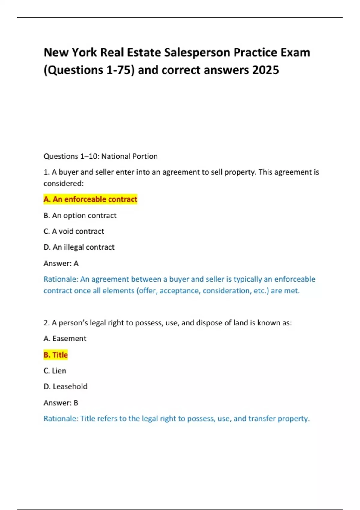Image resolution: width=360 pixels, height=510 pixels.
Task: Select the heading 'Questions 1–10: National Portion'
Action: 100,156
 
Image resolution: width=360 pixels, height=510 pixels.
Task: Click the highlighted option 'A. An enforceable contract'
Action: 90,199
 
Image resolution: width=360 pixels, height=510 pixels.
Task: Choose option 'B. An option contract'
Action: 80,216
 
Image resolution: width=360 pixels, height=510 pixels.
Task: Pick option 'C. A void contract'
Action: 74,231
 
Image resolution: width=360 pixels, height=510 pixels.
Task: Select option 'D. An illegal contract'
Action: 79,247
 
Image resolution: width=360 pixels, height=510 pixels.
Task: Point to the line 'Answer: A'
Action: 61,263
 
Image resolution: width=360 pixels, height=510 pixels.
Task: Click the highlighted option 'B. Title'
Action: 56,355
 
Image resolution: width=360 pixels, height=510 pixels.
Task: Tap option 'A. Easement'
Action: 65,339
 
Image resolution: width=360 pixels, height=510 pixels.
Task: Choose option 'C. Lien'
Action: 55,371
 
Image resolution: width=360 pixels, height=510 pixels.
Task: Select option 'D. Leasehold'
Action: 65,386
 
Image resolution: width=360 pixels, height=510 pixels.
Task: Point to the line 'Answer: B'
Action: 61,403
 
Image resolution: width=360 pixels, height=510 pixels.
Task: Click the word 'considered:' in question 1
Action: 64,184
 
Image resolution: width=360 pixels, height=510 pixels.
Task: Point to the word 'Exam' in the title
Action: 295,52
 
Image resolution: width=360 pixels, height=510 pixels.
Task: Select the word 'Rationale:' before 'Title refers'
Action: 61,418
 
